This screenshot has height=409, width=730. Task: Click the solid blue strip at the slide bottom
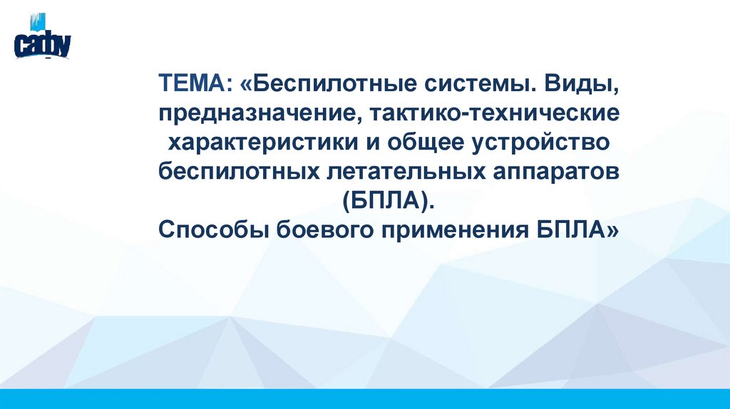[365, 398]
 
